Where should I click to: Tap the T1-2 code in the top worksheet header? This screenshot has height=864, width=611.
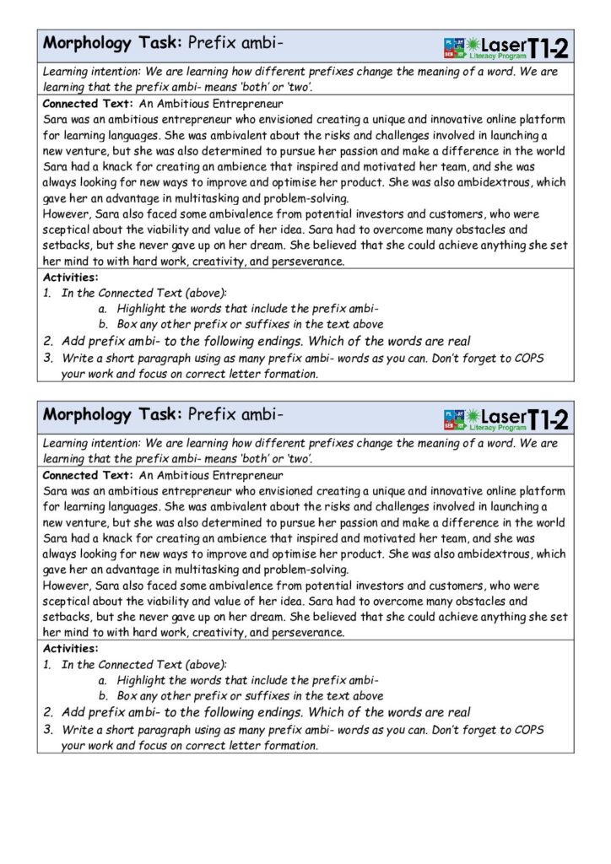(546, 47)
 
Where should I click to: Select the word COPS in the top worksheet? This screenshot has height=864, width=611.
(528, 358)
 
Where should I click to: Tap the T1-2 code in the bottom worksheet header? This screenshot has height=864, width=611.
(546, 418)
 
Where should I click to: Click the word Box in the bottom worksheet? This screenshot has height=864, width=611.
(128, 696)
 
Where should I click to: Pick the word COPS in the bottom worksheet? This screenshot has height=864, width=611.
(528, 729)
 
